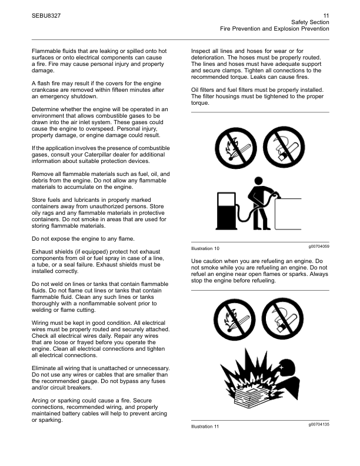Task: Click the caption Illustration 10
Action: [205, 249]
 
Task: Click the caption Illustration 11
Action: [205, 427]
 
